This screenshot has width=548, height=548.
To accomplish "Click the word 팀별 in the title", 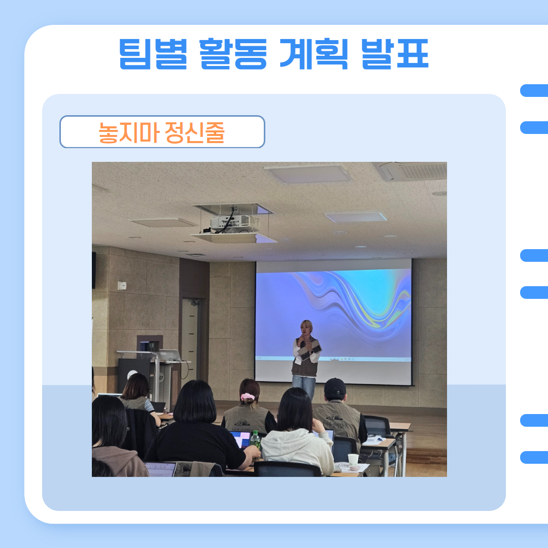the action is point(153,54).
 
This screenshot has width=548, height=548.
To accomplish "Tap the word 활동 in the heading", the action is point(233,54).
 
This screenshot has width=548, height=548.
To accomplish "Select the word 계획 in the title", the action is point(314,54).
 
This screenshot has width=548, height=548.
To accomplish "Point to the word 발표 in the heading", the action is point(395,54).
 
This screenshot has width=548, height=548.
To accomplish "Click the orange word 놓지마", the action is point(129,132).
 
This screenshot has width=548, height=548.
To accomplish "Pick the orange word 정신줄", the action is point(194,132).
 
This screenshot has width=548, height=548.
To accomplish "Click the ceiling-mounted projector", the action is point(233,223).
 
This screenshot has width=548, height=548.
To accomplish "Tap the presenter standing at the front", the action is point(306,359).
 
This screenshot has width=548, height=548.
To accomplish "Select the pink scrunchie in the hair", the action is point(248,397).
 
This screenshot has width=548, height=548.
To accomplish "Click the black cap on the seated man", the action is point(335,387).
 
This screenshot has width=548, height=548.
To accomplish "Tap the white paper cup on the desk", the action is point(353,459).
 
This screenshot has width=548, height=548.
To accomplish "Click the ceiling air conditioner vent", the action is point(413,171).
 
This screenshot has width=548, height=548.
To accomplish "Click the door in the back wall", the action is point(190,338).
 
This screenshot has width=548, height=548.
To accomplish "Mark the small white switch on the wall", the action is point(122,286).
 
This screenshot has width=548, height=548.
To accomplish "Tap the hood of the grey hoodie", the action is point(287,439).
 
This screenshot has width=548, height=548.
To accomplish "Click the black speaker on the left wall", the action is point(94,270).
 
